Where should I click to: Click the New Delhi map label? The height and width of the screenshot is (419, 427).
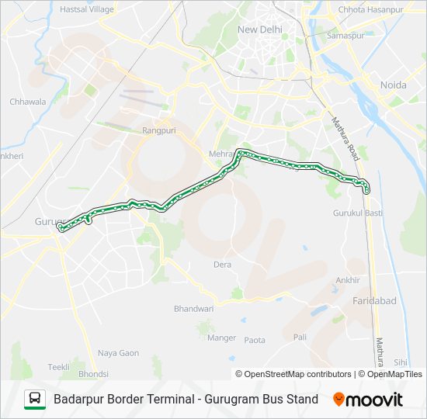[260, 29]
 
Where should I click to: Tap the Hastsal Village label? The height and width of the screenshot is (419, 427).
[86, 9]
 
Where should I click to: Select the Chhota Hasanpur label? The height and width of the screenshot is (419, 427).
[371, 9]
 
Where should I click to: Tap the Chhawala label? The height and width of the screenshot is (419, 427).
[28, 102]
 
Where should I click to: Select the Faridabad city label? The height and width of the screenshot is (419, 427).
[374, 300]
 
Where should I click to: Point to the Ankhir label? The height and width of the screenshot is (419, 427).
[348, 280]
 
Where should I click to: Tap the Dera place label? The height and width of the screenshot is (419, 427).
[223, 265]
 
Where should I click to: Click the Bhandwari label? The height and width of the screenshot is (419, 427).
[193, 309]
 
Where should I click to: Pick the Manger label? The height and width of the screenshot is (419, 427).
[222, 338]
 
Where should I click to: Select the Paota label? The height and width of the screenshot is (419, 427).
[255, 340]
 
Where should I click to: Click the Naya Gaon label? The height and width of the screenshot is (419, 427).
[118, 353]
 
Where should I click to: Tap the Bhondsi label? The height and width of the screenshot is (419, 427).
[93, 374]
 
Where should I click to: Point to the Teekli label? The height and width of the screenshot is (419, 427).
[59, 367]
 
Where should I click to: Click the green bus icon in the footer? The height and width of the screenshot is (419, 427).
[35, 400]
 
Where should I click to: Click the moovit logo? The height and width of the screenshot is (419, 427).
[368, 400]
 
